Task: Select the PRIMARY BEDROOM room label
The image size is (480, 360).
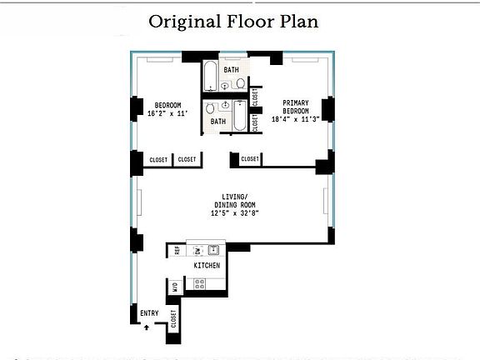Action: point(295,107)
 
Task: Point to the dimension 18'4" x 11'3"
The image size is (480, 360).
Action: point(295,119)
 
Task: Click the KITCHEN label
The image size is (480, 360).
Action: point(207,265)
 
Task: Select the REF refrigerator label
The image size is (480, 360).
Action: point(177,250)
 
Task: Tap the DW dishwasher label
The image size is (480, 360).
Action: point(197,250)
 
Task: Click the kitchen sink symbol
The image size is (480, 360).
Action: point(213,249)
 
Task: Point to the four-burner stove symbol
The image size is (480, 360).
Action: point(200,283)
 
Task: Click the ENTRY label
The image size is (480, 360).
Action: point(149,312)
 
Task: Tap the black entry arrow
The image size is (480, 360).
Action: point(147,327)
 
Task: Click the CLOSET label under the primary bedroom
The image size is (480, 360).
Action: point(249,159)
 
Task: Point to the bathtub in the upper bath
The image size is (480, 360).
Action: point(210,75)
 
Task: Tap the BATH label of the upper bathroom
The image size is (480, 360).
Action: point(231,70)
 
